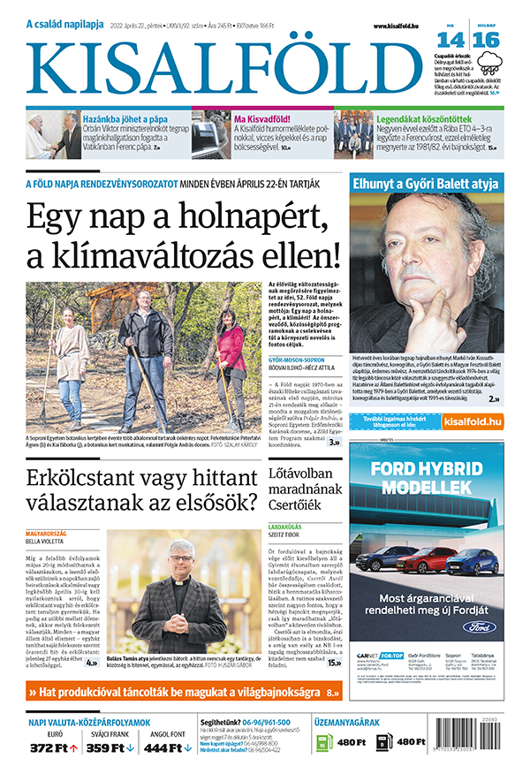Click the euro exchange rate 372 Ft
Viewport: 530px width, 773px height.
tap(51, 747)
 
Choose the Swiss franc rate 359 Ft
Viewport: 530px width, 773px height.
tap(110, 747)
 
